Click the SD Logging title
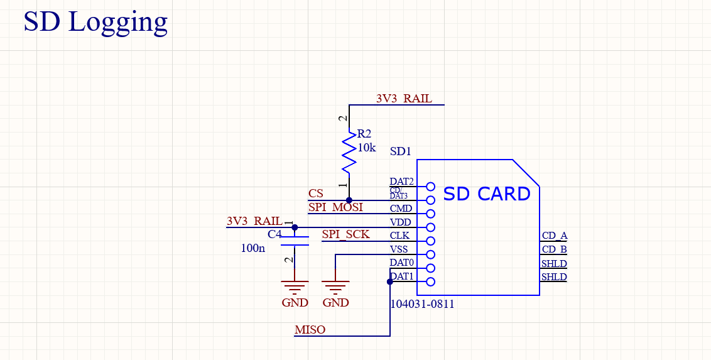pyautogui.click(x=95, y=21)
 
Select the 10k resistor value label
pyautogui.click(x=366, y=148)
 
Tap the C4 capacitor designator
pyautogui.click(x=274, y=234)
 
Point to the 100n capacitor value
pyautogui.click(x=253, y=248)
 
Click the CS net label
pyautogui.click(x=316, y=194)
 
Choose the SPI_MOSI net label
pyautogui.click(x=335, y=207)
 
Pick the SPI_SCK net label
pyautogui.click(x=345, y=234)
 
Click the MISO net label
pyautogui.click(x=310, y=330)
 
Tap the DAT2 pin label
pyautogui.click(x=401, y=182)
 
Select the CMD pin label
pyautogui.click(x=401, y=209)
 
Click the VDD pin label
pyautogui.click(x=401, y=222)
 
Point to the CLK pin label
pyautogui.click(x=399, y=236)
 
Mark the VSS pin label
pyautogui.click(x=399, y=249)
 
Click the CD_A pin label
pyautogui.click(x=554, y=236)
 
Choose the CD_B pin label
pyautogui.click(x=554, y=249)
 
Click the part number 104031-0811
pyautogui.click(x=422, y=304)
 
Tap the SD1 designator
pyautogui.click(x=400, y=151)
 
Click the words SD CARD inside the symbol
pyautogui.click(x=487, y=194)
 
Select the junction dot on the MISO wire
pyautogui.click(x=390, y=281)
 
